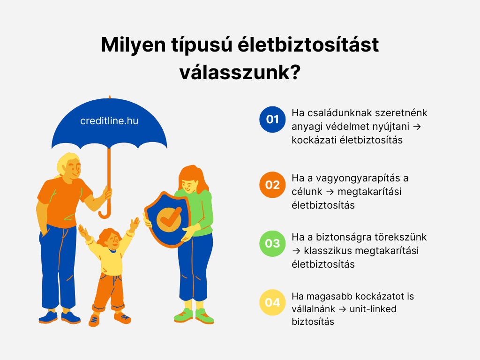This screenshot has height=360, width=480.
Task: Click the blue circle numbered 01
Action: click(x=272, y=120)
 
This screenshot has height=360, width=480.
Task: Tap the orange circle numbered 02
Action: click(x=272, y=185)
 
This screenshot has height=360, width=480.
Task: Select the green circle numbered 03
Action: click(x=272, y=243)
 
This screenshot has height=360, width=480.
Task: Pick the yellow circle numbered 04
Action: click(x=272, y=302)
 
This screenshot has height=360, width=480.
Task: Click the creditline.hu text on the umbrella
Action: click(x=109, y=121)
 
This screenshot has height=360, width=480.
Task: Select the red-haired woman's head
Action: click(x=192, y=180)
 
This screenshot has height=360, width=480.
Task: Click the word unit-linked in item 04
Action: click(x=373, y=309)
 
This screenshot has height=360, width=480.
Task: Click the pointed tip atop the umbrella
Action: click(x=110, y=96)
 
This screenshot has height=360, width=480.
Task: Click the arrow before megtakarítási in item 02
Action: click(x=330, y=192)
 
